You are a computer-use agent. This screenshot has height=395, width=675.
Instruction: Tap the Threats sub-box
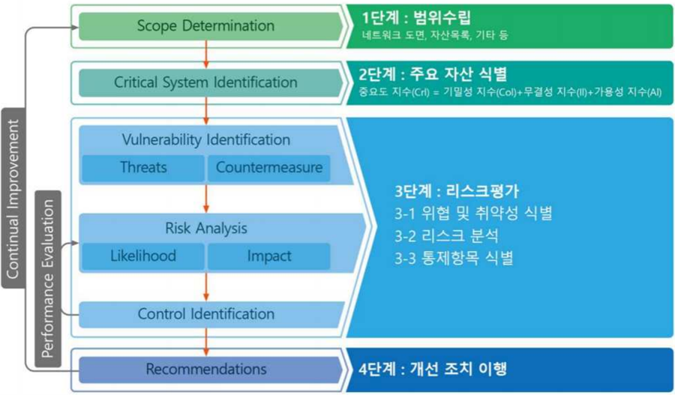click(x=143, y=168)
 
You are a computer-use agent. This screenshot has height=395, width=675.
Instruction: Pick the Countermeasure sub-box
click(x=269, y=168)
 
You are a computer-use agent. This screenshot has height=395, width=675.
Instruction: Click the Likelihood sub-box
click(x=143, y=256)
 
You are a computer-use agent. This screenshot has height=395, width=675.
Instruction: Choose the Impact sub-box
click(x=269, y=256)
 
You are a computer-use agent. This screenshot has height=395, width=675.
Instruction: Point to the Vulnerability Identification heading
click(x=206, y=140)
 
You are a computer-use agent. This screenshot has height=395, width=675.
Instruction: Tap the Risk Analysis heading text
click(x=206, y=229)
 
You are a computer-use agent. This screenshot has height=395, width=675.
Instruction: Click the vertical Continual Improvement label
click(x=13, y=199)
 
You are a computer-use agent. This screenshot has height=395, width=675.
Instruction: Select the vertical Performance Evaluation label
click(x=48, y=279)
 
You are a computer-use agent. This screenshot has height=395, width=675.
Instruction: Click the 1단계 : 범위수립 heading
click(x=416, y=19)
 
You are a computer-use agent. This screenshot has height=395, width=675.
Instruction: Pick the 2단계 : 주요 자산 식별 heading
click(x=433, y=75)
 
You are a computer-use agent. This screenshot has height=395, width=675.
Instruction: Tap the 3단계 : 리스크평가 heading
click(x=457, y=191)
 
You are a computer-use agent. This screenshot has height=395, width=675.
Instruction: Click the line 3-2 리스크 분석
click(x=446, y=236)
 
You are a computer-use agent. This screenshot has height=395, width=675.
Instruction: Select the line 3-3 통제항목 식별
click(x=454, y=259)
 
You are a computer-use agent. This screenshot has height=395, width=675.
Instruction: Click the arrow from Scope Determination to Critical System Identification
click(x=206, y=54)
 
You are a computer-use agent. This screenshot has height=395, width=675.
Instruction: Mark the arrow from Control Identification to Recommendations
click(x=206, y=342)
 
